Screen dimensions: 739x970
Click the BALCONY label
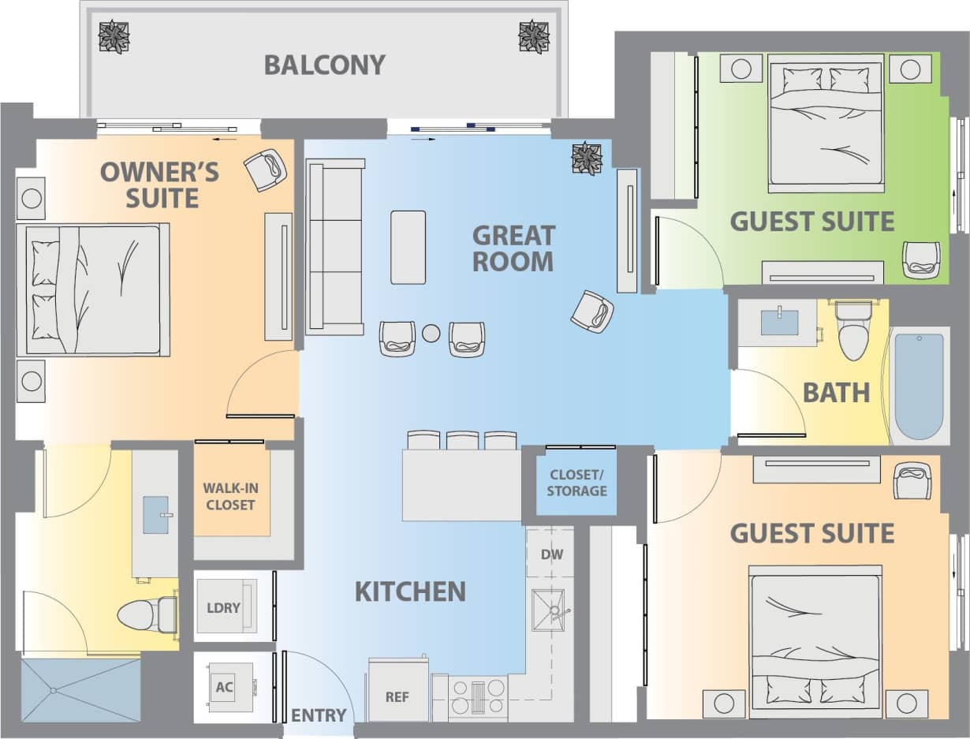324,65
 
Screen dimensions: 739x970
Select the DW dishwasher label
552,554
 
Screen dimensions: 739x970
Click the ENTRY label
319,715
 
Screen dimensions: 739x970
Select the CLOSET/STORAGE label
578,483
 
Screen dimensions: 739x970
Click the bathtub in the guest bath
919,386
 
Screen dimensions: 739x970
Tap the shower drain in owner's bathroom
53,691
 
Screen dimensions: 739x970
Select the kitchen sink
551,609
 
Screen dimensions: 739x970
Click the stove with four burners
478,696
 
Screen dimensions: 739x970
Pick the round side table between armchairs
431,334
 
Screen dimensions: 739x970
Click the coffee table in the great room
408,247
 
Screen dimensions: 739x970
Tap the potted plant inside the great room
587,158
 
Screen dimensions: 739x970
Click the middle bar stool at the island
462,440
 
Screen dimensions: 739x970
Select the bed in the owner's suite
93,289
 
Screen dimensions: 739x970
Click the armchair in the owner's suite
265,169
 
